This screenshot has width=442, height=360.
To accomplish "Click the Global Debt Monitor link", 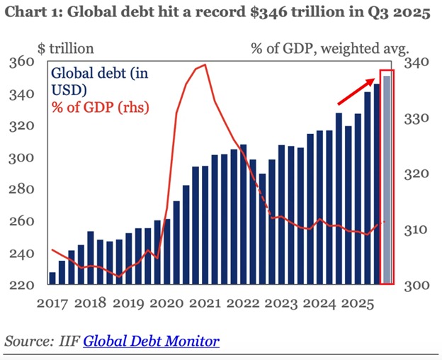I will pos(151,341).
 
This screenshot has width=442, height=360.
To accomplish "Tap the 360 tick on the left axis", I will pos(23,62).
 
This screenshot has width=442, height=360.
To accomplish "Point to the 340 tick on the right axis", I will pos(416,62).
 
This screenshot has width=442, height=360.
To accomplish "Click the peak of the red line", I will pos(204,65).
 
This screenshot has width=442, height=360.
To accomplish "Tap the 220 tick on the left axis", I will pos(23,285).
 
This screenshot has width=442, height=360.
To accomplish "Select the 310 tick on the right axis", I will pos(416,230).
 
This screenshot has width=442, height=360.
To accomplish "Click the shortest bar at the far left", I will pos(52,279).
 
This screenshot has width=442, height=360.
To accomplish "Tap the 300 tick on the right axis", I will pos(416,285).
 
